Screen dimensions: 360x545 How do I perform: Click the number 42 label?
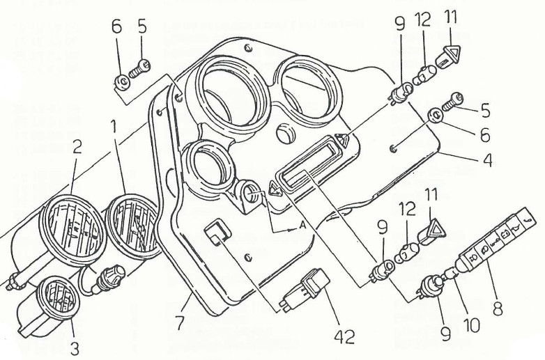[x=344, y=337]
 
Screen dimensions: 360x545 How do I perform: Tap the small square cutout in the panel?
[x=217, y=233]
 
